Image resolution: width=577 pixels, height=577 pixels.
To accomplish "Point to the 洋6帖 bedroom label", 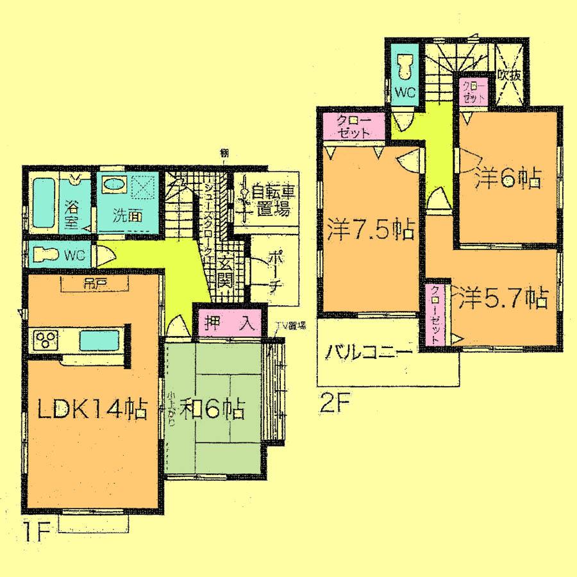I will [506, 179].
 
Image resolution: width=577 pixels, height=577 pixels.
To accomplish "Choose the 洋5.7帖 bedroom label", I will [502, 297].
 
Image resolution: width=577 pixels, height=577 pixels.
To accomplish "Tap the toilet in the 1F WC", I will [44, 255].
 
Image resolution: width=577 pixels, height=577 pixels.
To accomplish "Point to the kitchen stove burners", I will [46, 339].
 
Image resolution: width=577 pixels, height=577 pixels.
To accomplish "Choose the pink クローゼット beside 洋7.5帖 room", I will [352, 126].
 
